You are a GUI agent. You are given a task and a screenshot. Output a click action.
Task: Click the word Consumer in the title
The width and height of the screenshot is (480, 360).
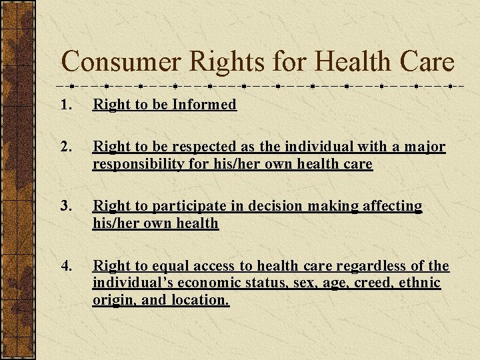121,63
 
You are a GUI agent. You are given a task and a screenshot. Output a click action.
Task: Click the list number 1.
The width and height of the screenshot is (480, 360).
65,105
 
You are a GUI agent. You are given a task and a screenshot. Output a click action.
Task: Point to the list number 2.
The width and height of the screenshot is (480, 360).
65,147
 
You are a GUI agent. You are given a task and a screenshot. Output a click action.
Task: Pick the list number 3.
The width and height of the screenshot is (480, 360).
65,207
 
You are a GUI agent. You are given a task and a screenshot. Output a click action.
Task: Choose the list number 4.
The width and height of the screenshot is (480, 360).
65,267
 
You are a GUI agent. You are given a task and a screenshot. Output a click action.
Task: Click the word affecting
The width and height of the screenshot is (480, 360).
392,207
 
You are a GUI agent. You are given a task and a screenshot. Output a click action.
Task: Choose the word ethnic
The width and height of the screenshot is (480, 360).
420,283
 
